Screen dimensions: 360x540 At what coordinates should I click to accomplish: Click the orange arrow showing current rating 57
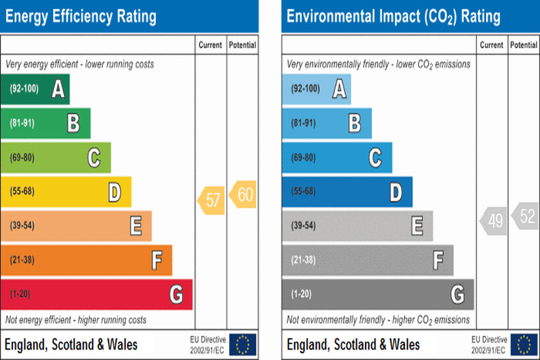[x=211, y=201]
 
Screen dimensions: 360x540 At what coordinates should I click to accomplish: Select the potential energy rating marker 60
[x=242, y=195]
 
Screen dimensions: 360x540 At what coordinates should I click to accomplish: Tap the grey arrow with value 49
[x=493, y=222]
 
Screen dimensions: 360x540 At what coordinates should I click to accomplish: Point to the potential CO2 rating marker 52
[x=525, y=216]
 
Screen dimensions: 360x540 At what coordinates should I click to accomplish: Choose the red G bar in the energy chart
[x=96, y=294]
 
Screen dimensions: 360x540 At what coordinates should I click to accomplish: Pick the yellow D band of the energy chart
[x=66, y=192]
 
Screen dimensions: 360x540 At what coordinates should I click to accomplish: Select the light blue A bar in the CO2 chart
[x=316, y=89]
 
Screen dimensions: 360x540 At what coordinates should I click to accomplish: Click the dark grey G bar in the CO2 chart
[x=377, y=294]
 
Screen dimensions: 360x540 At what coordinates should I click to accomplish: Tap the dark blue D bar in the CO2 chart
[x=347, y=192]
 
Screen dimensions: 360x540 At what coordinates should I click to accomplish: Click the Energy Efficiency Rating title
[x=81, y=16]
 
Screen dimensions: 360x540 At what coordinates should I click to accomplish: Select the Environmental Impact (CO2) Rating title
[x=393, y=16]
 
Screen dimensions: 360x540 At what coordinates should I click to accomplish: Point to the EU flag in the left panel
[x=242, y=344]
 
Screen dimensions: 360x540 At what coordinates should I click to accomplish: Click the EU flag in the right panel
[x=524, y=344]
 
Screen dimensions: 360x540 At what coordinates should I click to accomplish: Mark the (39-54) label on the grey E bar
[x=304, y=226]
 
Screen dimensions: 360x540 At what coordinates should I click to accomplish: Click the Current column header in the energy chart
[x=211, y=45]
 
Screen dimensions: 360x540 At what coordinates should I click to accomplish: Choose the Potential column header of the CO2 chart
[x=524, y=45]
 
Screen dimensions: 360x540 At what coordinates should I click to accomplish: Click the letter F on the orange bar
[x=157, y=261]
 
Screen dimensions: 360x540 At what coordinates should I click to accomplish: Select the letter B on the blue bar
[x=354, y=123]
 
